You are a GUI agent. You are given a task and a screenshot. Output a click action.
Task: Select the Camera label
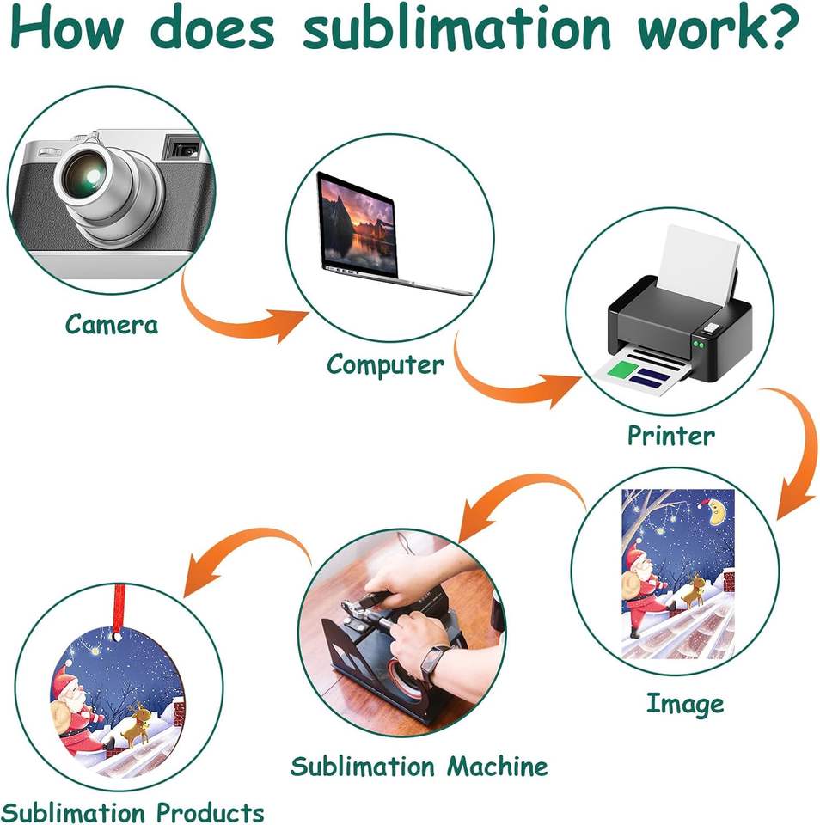click(x=112, y=325)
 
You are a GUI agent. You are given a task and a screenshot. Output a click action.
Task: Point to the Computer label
click(x=385, y=364)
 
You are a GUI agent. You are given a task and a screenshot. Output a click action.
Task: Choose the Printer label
click(x=670, y=436)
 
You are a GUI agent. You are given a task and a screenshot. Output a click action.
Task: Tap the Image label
click(x=685, y=704)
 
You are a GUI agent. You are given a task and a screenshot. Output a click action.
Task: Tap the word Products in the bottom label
click(x=210, y=811)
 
